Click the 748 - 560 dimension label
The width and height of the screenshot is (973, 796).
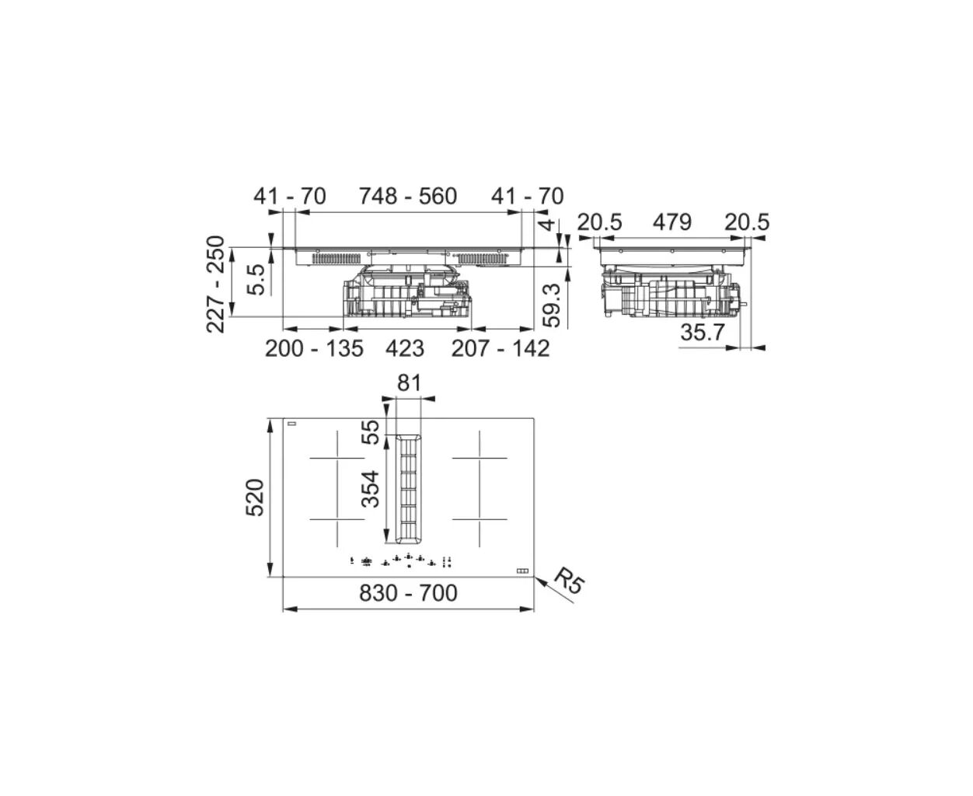(408, 196)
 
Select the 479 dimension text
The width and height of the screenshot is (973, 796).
(671, 222)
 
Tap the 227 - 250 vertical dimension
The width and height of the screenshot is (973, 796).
(216, 284)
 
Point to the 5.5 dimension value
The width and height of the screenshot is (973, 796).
(256, 279)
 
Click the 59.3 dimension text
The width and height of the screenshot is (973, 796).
(551, 305)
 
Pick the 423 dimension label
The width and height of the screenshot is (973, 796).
(405, 348)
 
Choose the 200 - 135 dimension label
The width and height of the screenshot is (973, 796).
(314, 348)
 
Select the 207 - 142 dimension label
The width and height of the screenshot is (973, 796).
(500, 348)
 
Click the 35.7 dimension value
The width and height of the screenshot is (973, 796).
(703, 332)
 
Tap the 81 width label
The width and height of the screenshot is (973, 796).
(410, 383)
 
